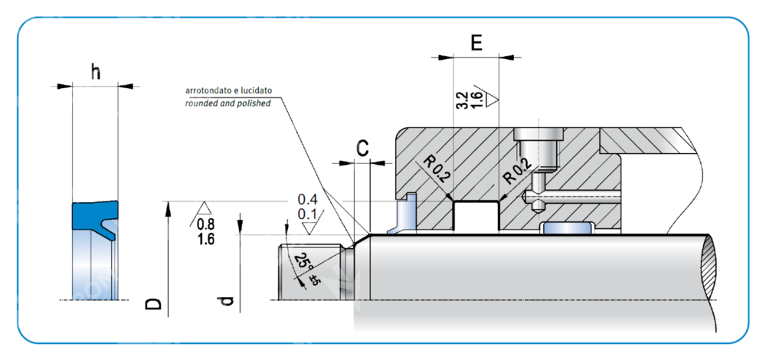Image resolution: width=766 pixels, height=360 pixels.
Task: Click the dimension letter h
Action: point(95,72)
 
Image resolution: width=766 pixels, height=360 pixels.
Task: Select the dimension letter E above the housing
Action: point(476,43)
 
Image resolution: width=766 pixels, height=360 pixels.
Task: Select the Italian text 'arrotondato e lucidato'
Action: point(229,90)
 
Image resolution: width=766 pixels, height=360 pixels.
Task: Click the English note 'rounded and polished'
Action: point(228,103)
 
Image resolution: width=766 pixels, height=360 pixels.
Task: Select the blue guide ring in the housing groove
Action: point(567,228)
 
